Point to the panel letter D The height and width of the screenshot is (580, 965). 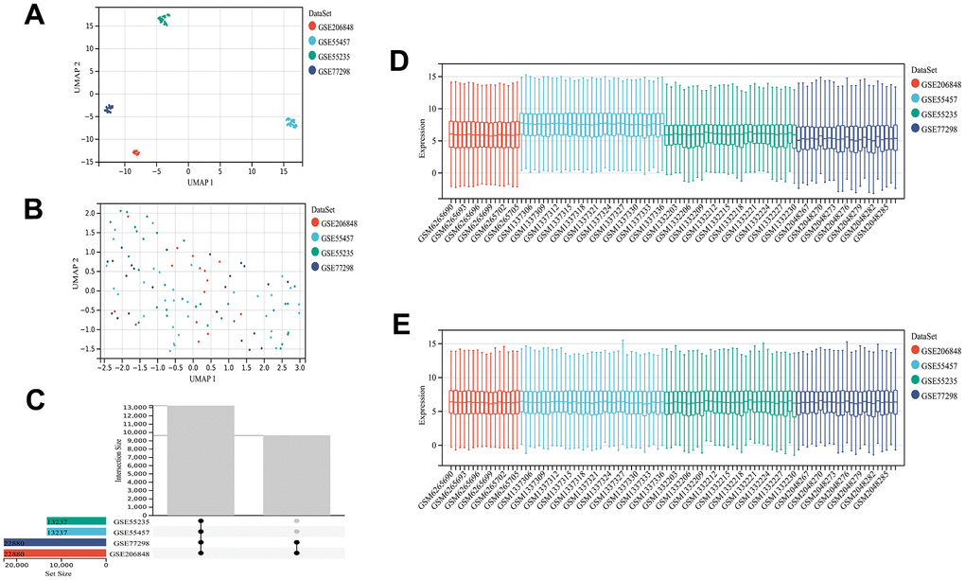(399, 63)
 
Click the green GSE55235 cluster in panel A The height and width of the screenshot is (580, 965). (165, 20)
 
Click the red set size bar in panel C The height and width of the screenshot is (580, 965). (53, 553)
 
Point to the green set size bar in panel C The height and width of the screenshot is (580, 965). (75, 521)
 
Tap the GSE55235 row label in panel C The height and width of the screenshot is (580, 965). (132, 521)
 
